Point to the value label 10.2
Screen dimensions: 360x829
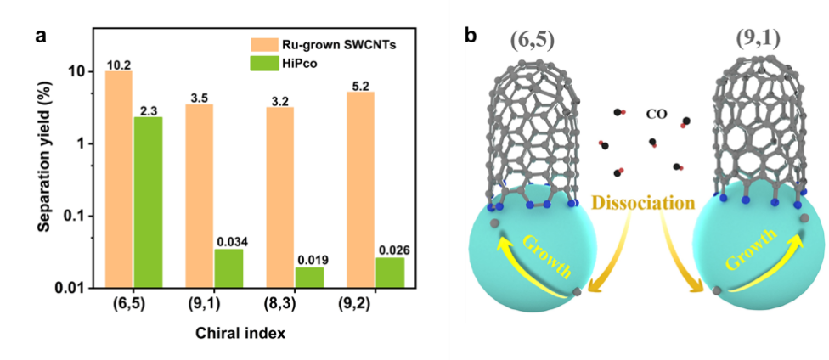coord(117,64)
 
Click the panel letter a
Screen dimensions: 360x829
coord(40,37)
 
